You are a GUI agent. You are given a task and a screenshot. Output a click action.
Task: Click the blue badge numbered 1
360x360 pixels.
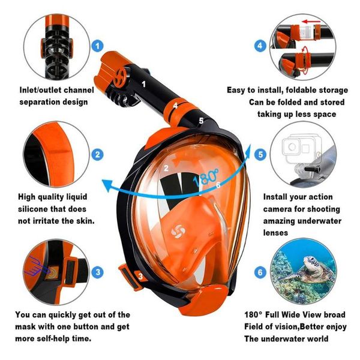(97, 46)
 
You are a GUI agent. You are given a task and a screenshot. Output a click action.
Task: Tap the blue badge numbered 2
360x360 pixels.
(98, 155)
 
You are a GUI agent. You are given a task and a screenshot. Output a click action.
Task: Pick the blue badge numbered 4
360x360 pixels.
(260, 46)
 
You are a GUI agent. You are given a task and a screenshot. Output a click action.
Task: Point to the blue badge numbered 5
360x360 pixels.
(260, 155)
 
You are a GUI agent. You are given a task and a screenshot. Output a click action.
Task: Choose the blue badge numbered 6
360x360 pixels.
(260, 272)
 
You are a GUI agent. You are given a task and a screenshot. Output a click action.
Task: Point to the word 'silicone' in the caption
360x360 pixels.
(36, 209)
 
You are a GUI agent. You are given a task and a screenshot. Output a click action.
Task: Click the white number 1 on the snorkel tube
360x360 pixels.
(144, 76)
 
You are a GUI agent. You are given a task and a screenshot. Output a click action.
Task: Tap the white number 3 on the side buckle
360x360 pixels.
(140, 277)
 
